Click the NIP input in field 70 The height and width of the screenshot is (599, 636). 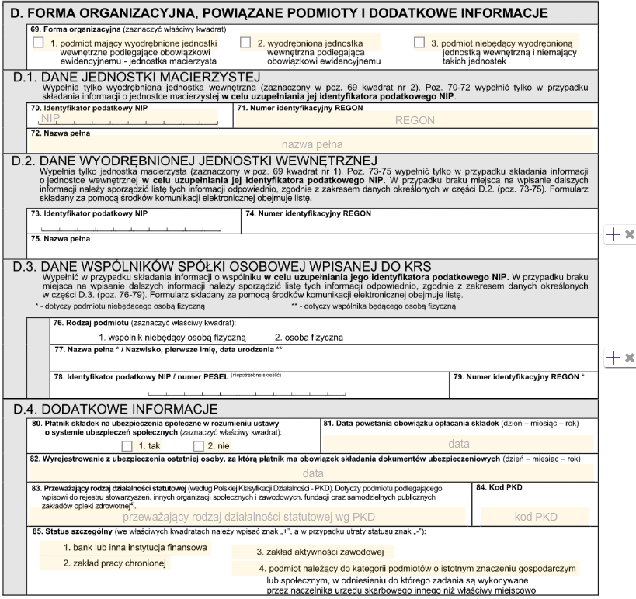[128, 118]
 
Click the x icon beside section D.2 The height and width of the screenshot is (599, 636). [631, 233]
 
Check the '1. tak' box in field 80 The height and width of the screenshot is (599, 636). [128, 446]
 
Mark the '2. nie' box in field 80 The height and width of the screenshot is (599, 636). [189, 446]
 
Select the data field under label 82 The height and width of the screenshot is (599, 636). [312, 472]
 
